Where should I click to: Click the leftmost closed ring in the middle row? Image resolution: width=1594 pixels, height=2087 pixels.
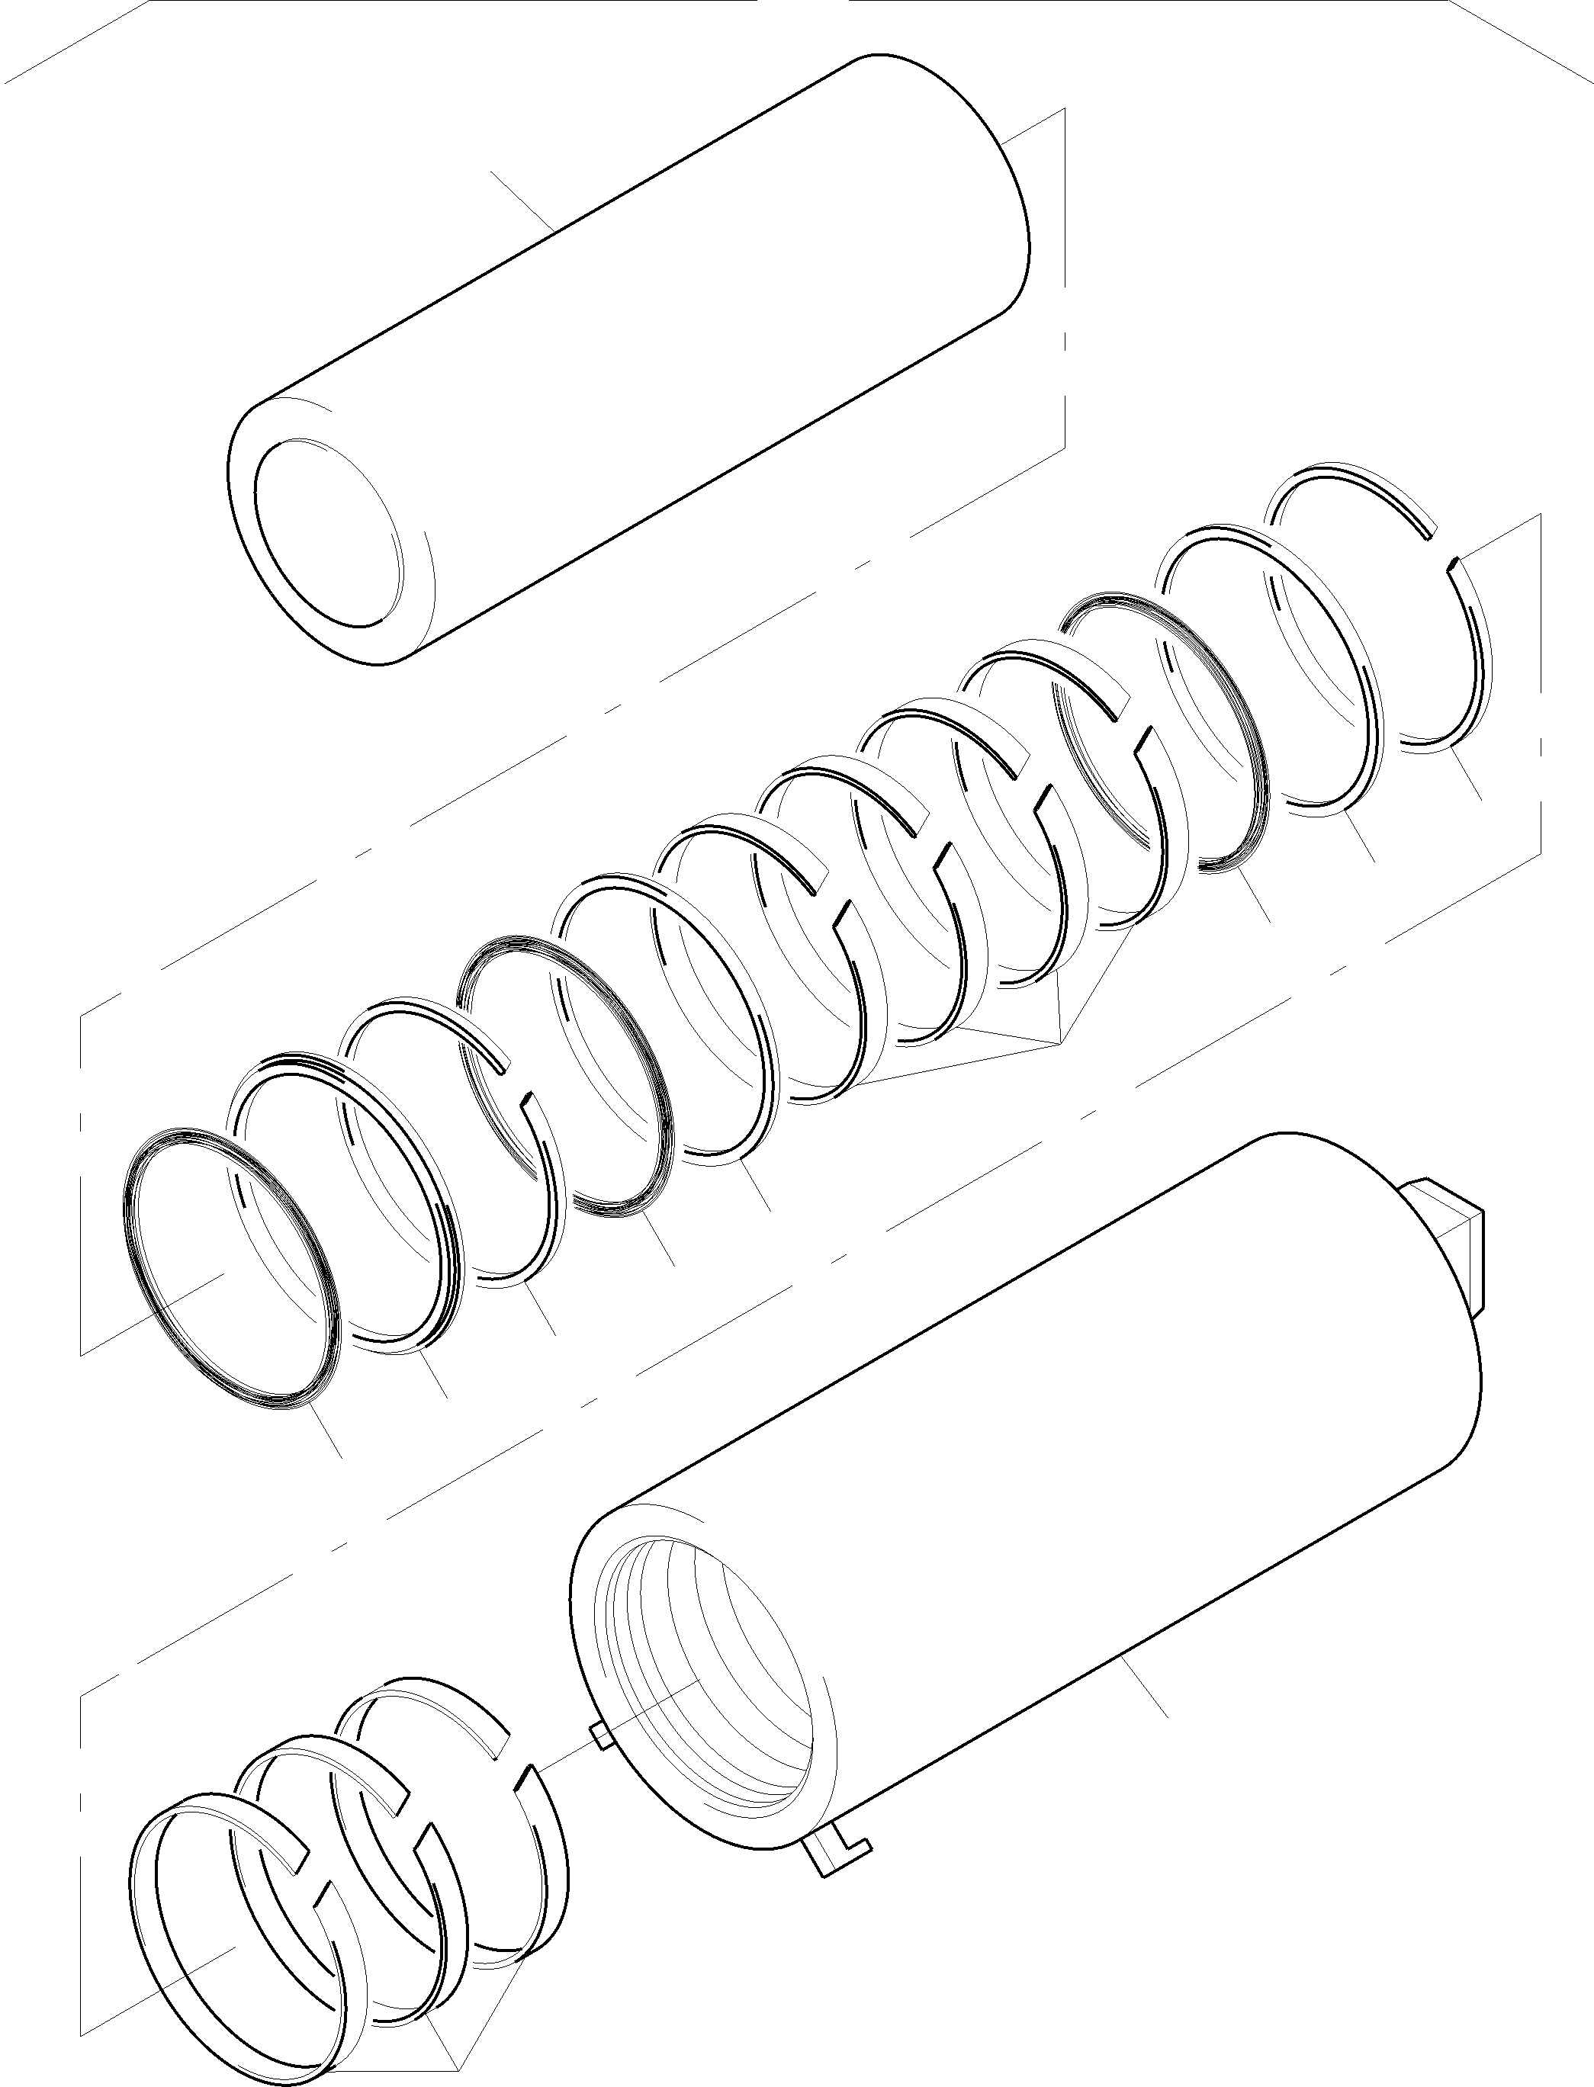[x=233, y=1267]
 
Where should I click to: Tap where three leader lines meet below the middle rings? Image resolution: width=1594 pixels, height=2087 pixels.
[x=1058, y=1043]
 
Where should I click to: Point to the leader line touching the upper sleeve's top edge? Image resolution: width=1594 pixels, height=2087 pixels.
[x=522, y=199]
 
